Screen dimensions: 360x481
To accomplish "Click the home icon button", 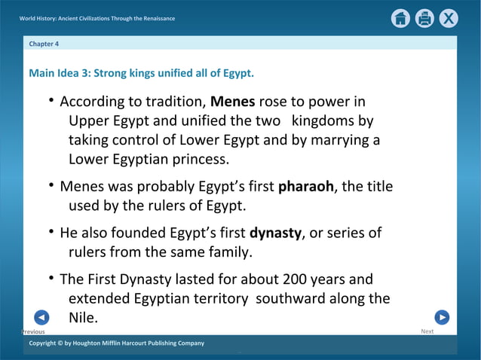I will click(401, 19).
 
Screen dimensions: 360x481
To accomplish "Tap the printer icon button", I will click(424, 19).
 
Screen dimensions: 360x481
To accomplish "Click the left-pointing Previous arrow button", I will click(42, 318).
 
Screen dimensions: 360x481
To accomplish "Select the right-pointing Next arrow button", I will click(443, 318).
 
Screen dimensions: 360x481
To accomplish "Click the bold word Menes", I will click(232, 102).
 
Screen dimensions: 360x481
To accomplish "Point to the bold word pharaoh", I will click(305, 186).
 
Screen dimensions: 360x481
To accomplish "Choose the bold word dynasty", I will click(275, 233).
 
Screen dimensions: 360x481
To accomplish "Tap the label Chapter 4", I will click(44, 44).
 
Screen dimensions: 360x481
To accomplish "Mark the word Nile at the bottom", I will click(82, 318).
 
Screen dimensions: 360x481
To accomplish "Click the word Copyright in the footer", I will click(45, 343).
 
